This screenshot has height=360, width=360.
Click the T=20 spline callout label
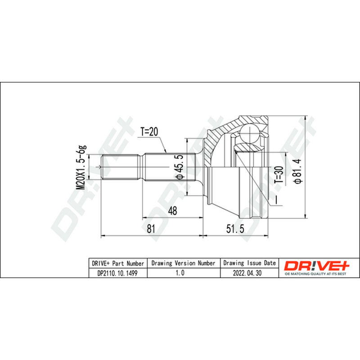(x=149, y=132)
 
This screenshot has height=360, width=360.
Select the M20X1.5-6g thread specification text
(x=81, y=167)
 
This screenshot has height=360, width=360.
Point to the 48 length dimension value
(x=172, y=211)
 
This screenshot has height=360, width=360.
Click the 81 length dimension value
(x=151, y=229)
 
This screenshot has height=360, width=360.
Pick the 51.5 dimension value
(x=235, y=229)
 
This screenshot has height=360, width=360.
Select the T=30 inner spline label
(x=279, y=175)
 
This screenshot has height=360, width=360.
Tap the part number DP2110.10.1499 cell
(x=117, y=273)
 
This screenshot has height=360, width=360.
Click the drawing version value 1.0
(x=180, y=273)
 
